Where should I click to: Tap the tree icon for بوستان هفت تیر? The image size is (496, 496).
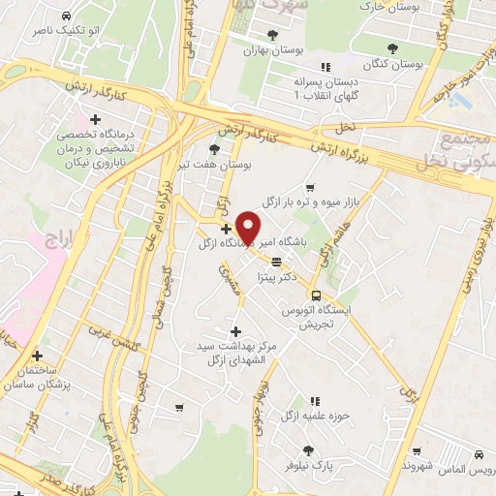point(214,148)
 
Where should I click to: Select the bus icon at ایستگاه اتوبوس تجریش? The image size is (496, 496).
point(316,295)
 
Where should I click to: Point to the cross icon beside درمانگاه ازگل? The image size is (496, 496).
point(226,230)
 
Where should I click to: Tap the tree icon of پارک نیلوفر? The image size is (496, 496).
point(308,450)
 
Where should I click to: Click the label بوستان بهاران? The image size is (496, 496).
point(267,49)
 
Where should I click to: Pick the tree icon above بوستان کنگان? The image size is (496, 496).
point(391,47)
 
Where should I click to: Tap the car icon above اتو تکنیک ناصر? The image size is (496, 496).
point(64,17)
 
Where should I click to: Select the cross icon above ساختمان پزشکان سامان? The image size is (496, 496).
point(37,356)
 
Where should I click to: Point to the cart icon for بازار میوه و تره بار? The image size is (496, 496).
point(309,188)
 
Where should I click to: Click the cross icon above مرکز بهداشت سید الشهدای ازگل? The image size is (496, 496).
point(234,331)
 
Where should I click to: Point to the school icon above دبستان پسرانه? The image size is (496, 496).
point(325,67)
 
